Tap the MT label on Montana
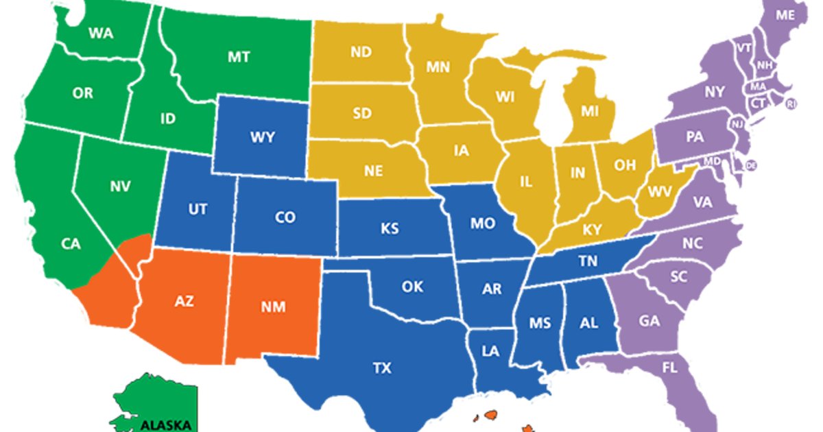pyautogui.click(x=239, y=57)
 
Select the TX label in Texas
pyautogui.click(x=382, y=368)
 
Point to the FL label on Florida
pyautogui.click(x=669, y=368)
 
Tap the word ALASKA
pyautogui.click(x=165, y=424)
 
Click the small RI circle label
pyautogui.click(x=791, y=104)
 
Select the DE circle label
pyautogui.click(x=751, y=165)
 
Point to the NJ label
pyautogui.click(x=737, y=124)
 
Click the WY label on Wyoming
pyautogui.click(x=263, y=137)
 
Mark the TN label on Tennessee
pyautogui.click(x=588, y=261)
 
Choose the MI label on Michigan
pyautogui.click(x=590, y=110)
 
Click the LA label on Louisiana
pyautogui.click(x=490, y=351)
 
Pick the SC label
pyautogui.click(x=678, y=276)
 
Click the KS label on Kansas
pyautogui.click(x=390, y=228)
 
